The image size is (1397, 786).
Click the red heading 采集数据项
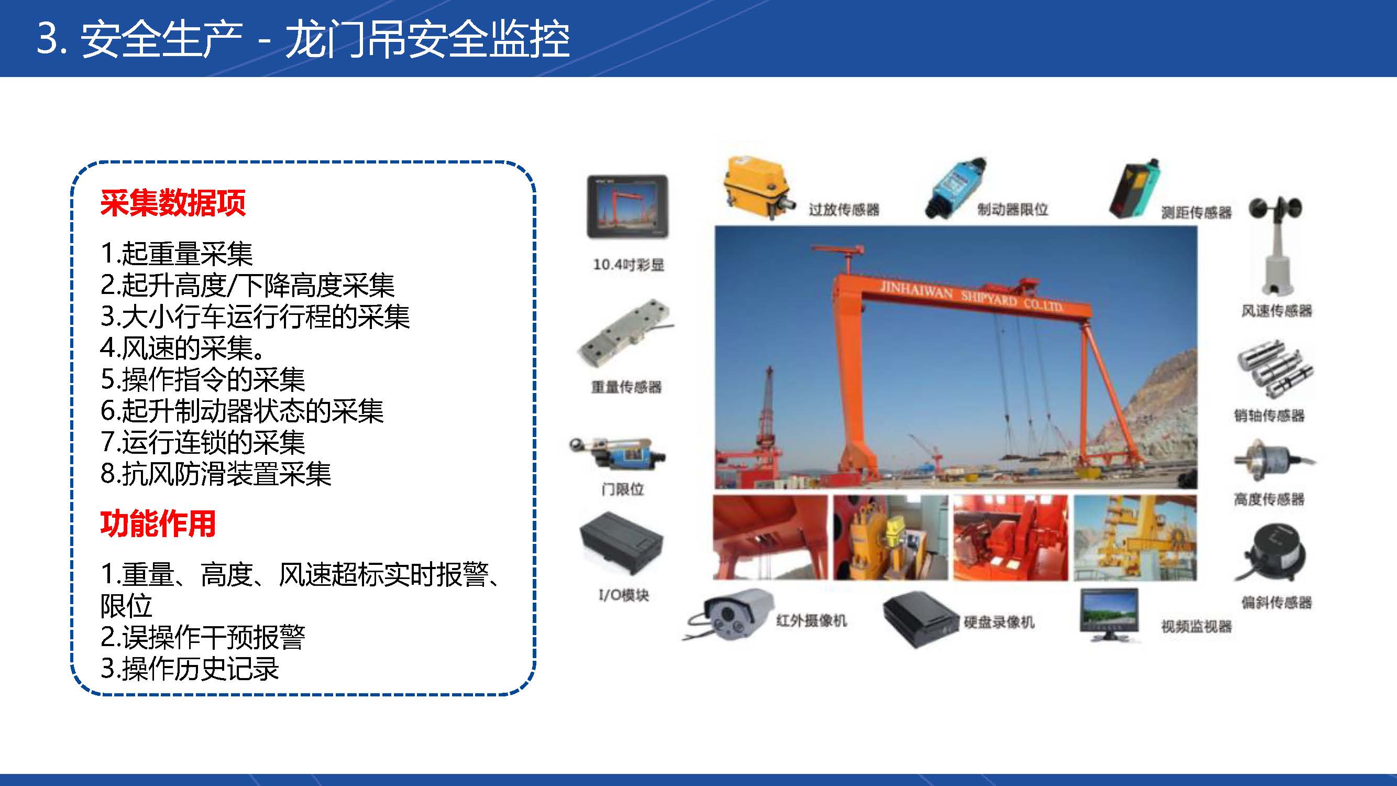(x=173, y=203)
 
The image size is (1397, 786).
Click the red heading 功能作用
(x=158, y=523)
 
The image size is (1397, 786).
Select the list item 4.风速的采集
(x=183, y=348)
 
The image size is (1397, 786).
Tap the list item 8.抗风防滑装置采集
(x=216, y=474)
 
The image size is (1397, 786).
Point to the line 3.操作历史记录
(x=190, y=668)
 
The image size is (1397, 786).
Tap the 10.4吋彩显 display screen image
(x=628, y=206)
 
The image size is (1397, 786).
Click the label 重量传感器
(x=626, y=387)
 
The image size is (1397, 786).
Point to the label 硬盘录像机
(x=999, y=622)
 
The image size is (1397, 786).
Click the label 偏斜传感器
(x=1277, y=602)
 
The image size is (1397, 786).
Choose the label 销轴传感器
(x=1270, y=416)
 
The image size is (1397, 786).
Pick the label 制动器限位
(x=1013, y=210)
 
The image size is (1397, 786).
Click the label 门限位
(x=623, y=489)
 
